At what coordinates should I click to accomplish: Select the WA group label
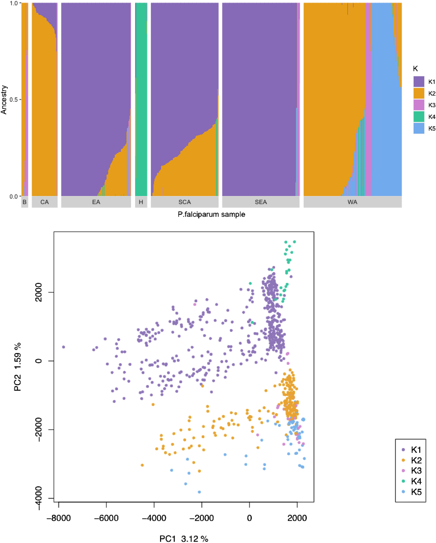pyautogui.click(x=352, y=202)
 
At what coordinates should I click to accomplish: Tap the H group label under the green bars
pyautogui.click(x=141, y=202)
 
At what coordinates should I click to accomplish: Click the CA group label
pyautogui.click(x=45, y=202)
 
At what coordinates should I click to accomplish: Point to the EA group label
pyautogui.click(x=96, y=202)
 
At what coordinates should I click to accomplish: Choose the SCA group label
pyautogui.click(x=184, y=202)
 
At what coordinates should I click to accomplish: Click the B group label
pyautogui.click(x=24, y=202)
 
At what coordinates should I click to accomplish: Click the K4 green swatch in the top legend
pyautogui.click(x=419, y=117)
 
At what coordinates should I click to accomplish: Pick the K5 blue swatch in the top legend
pyautogui.click(x=419, y=128)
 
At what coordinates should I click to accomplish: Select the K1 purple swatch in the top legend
pyautogui.click(x=419, y=82)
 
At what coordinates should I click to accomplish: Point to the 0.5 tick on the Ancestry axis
pyautogui.click(x=14, y=99)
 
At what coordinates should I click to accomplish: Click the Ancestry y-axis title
pyautogui.click(x=4, y=100)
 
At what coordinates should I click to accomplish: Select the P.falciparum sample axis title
pyautogui.click(x=211, y=214)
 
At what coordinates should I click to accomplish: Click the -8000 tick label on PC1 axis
pyautogui.click(x=59, y=518)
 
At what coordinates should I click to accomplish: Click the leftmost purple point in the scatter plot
pyautogui.click(x=64, y=347)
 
